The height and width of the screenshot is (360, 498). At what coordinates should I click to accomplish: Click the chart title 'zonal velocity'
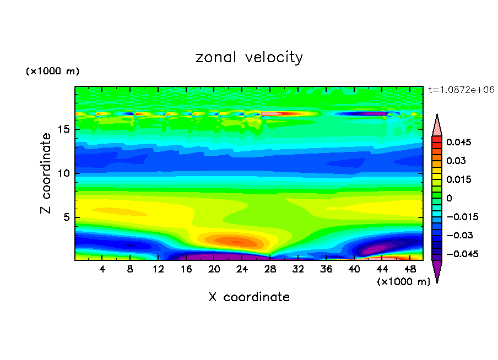[249, 58]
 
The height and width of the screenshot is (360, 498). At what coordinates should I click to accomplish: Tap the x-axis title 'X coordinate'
[249, 297]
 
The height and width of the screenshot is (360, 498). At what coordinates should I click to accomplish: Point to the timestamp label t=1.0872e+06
[461, 90]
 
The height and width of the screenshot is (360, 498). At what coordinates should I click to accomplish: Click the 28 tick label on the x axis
[270, 269]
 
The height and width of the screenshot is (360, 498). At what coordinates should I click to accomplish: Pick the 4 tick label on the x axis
[102, 269]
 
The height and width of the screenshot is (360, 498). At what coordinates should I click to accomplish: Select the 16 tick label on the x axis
[186, 269]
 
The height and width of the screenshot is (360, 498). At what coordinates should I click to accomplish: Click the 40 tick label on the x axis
[354, 269]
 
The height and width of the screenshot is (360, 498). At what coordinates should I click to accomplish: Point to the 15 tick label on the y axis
[63, 130]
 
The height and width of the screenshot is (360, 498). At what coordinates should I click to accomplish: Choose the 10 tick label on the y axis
[63, 173]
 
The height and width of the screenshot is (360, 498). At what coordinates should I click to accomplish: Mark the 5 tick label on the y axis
[66, 217]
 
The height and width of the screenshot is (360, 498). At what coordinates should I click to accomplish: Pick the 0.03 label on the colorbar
[456, 161]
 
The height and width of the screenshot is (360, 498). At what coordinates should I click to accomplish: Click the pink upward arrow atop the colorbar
[437, 125]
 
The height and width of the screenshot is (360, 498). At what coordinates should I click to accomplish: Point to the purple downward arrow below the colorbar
[437, 271]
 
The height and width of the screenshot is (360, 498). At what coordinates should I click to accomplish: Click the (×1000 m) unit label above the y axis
[53, 72]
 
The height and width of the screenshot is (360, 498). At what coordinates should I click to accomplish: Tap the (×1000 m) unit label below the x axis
[404, 282]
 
